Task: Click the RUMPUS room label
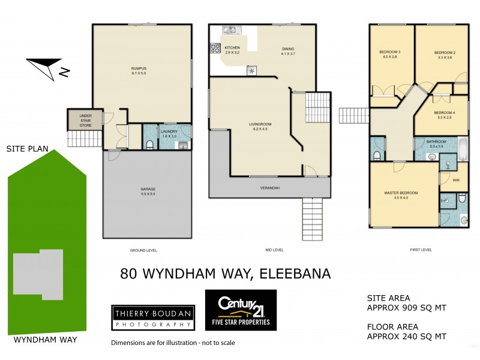[139, 69]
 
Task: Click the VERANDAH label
[270, 188]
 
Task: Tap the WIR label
[456, 179]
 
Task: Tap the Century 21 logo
[241, 310]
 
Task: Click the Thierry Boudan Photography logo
[153, 317]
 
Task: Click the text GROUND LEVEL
[143, 250]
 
